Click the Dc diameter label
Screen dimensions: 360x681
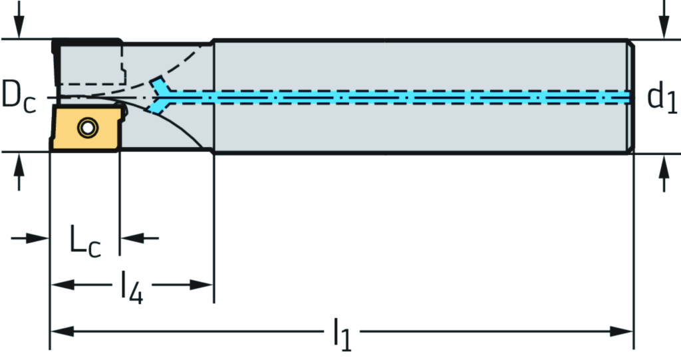[x=18, y=96]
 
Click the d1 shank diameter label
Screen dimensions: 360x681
[x=662, y=98]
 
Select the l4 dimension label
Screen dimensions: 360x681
[x=132, y=288]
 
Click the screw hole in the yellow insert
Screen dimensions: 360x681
[x=85, y=127]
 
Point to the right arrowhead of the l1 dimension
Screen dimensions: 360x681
[x=622, y=331]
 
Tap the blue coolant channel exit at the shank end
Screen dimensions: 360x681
[x=625, y=97]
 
